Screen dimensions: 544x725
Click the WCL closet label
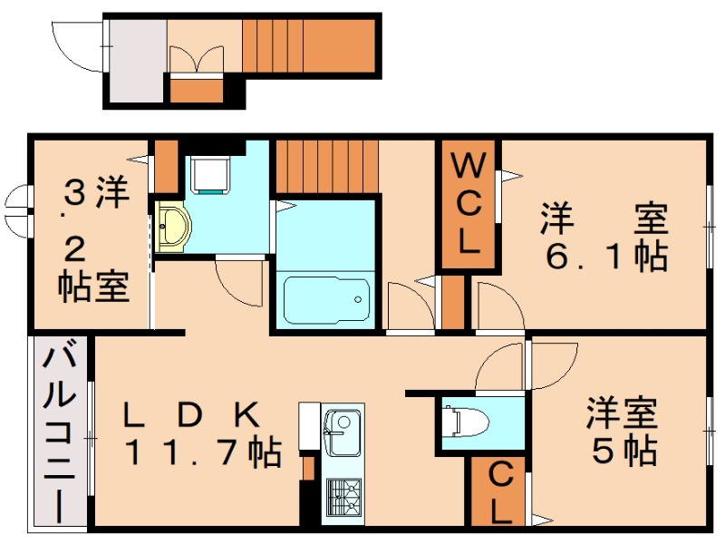468,205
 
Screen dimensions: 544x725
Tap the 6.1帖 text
605,257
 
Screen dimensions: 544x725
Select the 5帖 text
624,451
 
